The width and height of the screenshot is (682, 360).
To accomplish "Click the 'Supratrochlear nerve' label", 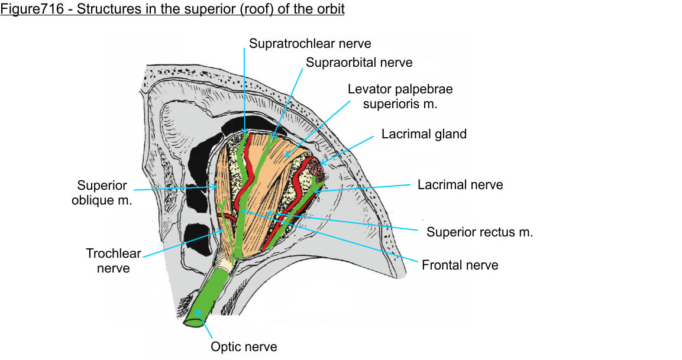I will [x=310, y=43].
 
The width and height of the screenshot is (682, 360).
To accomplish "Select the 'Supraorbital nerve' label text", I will [x=359, y=62].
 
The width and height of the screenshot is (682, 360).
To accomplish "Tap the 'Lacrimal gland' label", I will [x=424, y=134].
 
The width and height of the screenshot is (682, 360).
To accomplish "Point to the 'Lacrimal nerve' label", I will [x=460, y=184].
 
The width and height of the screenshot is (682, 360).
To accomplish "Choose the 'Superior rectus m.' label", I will [x=480, y=232].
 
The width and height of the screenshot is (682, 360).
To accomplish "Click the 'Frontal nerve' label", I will [x=460, y=265].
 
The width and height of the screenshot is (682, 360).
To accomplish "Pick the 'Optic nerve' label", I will [x=244, y=346].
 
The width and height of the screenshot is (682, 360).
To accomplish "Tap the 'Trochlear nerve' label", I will [x=114, y=261].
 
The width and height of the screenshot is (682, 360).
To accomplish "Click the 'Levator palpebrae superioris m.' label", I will [x=400, y=96].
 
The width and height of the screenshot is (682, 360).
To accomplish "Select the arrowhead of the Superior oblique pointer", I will [x=218, y=187].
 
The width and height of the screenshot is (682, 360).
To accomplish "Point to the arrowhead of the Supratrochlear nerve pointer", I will [x=245, y=134].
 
